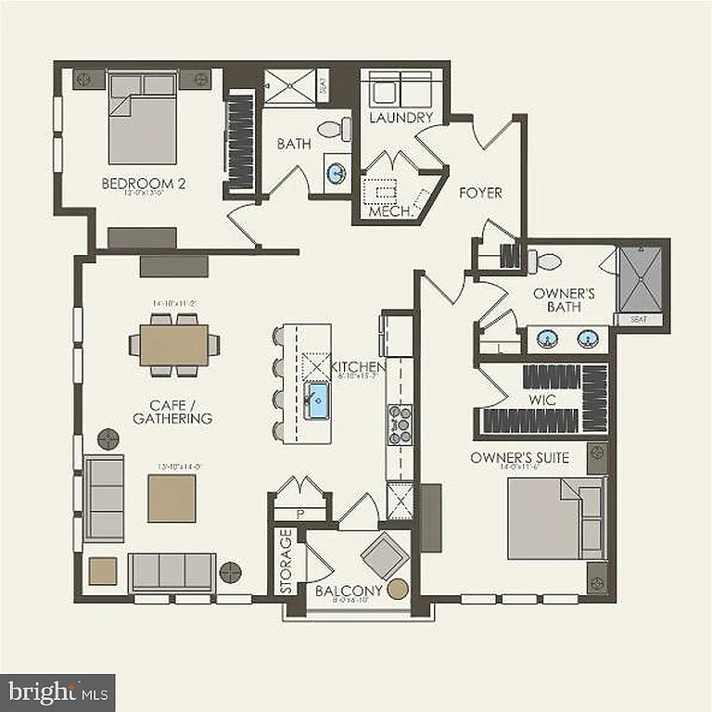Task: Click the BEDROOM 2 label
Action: [x=144, y=184]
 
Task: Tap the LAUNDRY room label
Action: [x=400, y=118]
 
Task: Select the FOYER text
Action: [x=480, y=193]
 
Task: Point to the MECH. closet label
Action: [x=389, y=211]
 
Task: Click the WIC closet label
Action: [x=541, y=399]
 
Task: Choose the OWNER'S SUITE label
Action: [x=519, y=458]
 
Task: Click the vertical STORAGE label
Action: [x=286, y=561]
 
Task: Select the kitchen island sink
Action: [x=317, y=401]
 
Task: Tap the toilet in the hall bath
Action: [x=334, y=129]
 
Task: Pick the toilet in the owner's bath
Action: [x=549, y=261]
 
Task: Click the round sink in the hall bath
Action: [x=337, y=172]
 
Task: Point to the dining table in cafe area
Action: [x=174, y=345]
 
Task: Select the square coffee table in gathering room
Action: [x=172, y=498]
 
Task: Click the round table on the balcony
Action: [x=399, y=589]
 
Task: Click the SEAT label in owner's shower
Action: [x=640, y=319]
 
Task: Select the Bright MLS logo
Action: [x=57, y=692]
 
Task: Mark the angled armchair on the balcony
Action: [x=382, y=556]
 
